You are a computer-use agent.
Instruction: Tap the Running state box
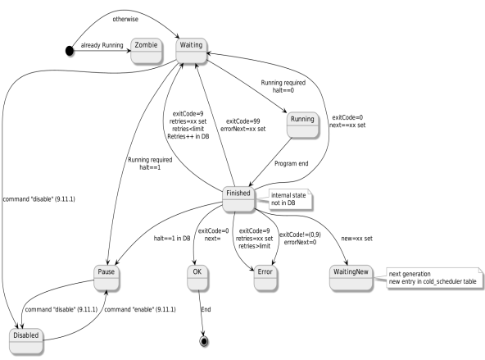click(x=302, y=119)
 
